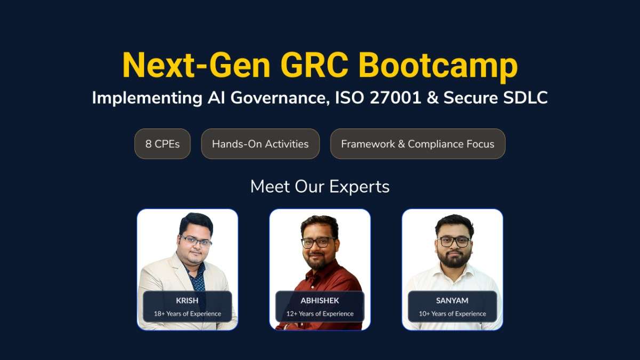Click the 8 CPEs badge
(x=162, y=144)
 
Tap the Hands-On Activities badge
(x=260, y=144)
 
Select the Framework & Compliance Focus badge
(x=418, y=144)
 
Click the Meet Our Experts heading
(x=320, y=187)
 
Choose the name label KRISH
(x=187, y=300)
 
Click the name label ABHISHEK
(x=319, y=300)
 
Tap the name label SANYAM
(x=452, y=300)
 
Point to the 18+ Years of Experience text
(x=187, y=314)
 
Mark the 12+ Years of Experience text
(x=319, y=314)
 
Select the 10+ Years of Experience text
(x=452, y=314)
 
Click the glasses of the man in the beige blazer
(x=196, y=242)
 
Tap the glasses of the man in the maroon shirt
(x=318, y=243)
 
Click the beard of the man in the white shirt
(x=454, y=258)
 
